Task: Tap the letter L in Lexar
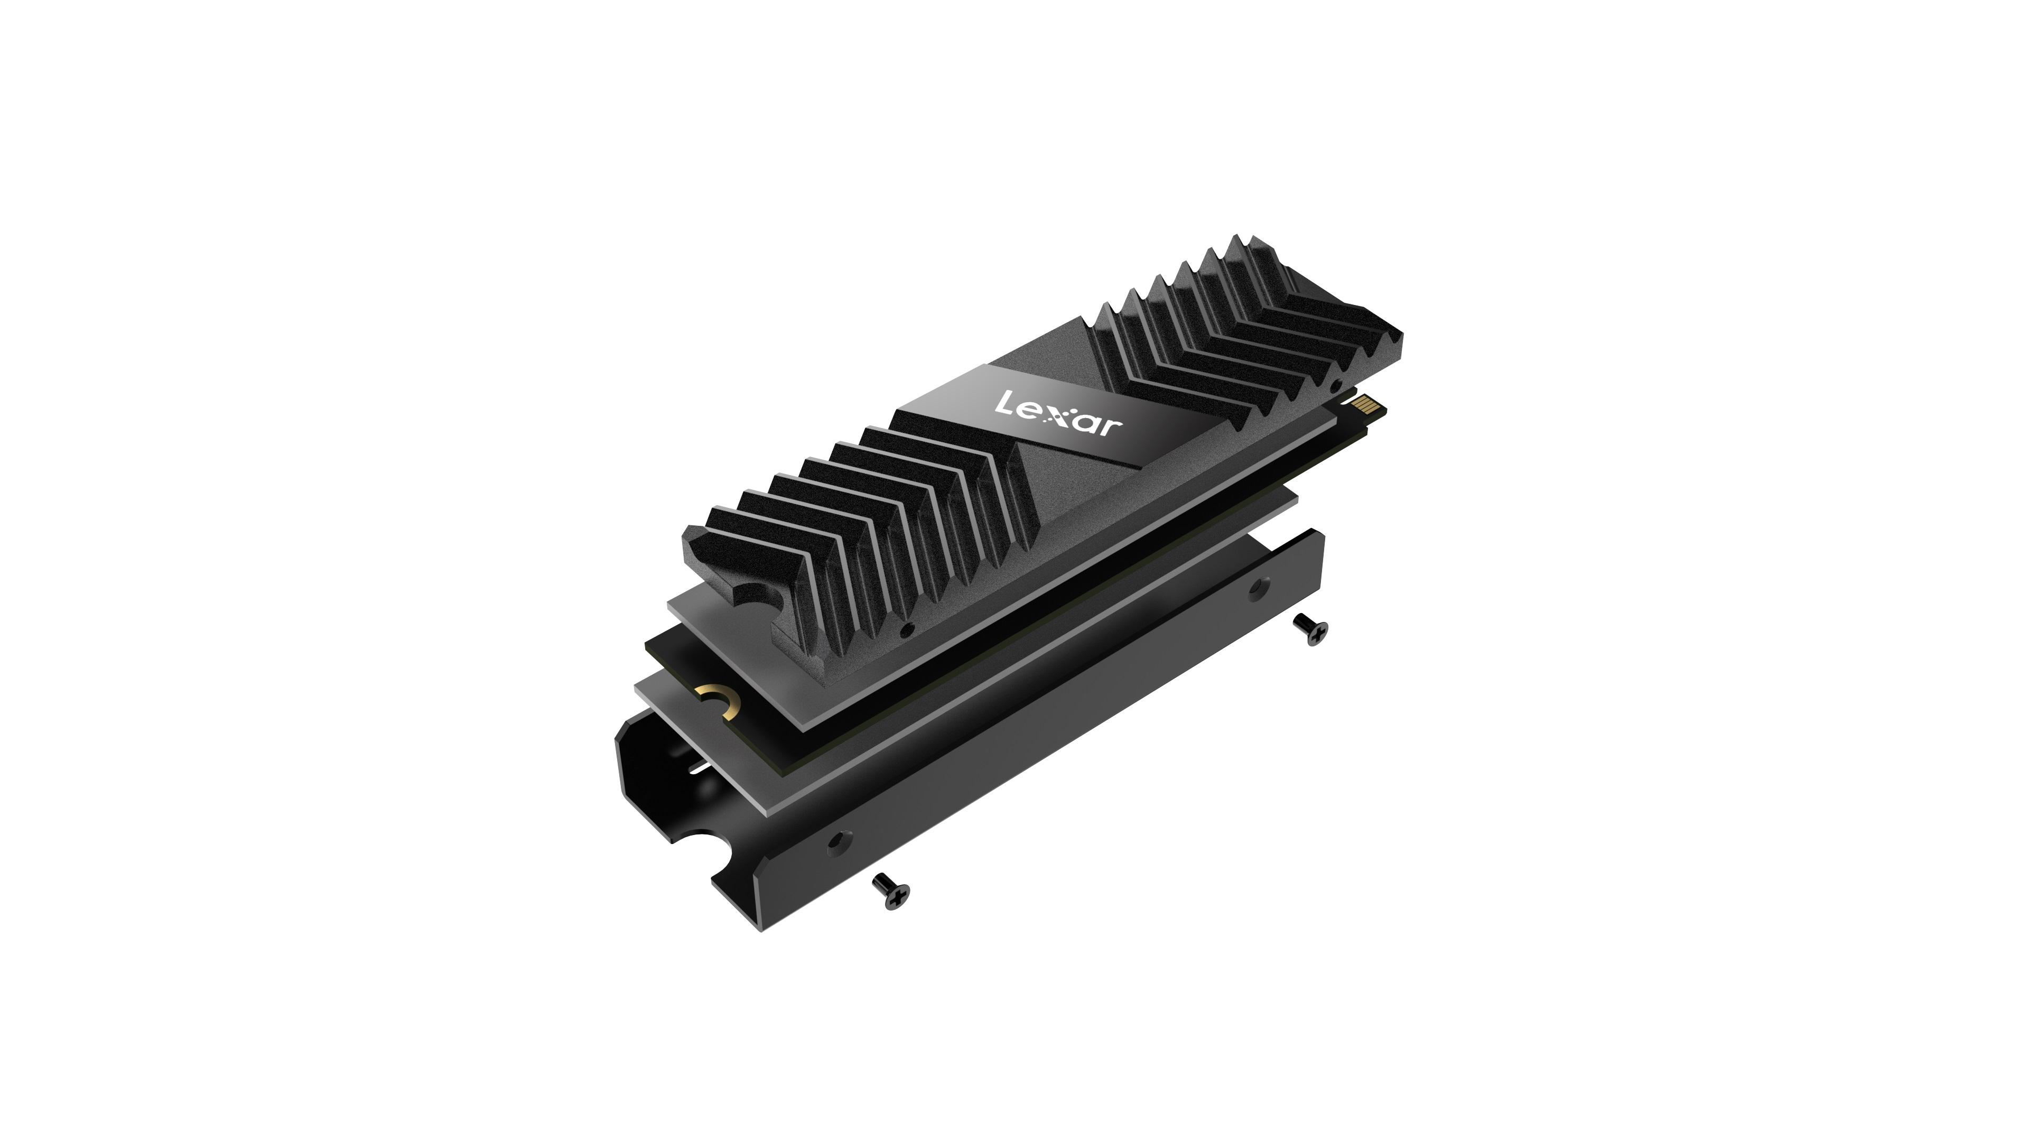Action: tap(1004, 403)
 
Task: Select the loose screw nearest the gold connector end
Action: tap(1312, 629)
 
